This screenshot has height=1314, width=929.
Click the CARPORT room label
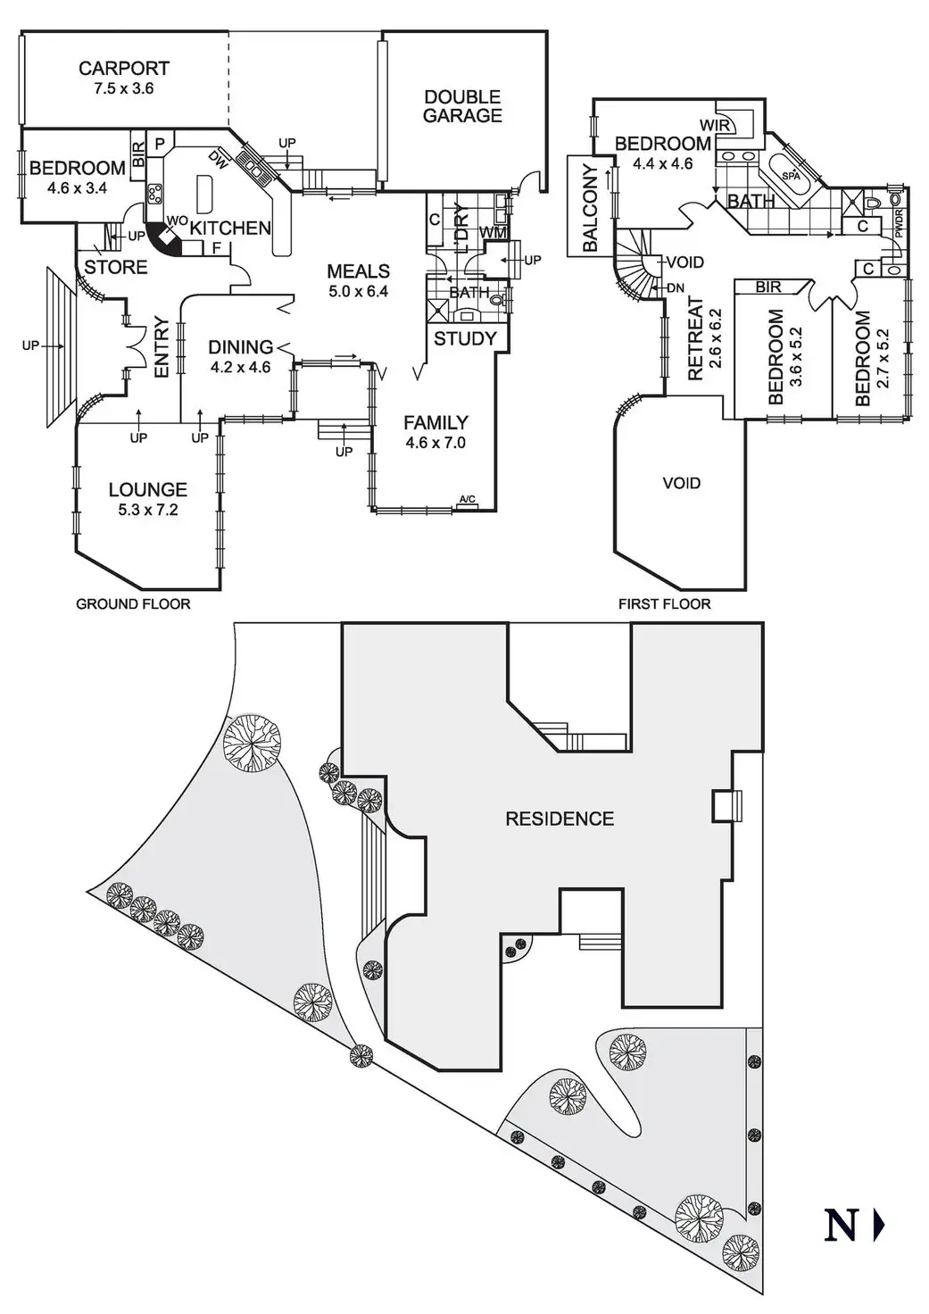tap(123, 68)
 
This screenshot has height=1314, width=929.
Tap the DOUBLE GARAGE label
tap(462, 106)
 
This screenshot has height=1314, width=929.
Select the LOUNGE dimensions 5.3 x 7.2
tap(148, 511)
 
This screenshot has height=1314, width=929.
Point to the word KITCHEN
tap(230, 228)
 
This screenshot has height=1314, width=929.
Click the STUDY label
tap(465, 338)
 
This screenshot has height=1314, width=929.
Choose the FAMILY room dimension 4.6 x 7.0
tap(435, 443)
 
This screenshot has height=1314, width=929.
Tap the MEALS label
tap(358, 271)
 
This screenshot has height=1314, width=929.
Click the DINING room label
tap(240, 347)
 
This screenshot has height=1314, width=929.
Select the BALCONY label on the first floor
tap(590, 208)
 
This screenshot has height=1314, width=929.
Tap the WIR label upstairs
tap(715, 126)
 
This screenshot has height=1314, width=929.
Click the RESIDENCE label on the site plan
tap(560, 819)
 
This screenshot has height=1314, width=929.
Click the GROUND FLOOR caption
tap(133, 604)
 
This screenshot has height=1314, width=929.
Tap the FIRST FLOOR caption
tap(664, 604)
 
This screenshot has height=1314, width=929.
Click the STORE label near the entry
tap(116, 267)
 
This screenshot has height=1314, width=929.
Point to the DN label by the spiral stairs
tap(676, 288)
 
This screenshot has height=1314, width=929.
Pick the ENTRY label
tap(162, 347)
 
